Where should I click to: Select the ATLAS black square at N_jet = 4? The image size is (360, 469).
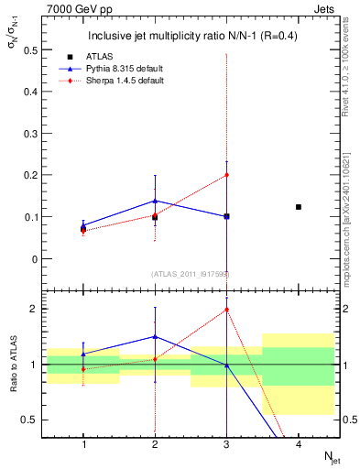click(298, 207)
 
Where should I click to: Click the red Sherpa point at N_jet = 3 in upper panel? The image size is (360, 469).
click(226, 175)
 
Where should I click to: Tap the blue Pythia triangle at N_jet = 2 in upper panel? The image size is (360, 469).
click(155, 201)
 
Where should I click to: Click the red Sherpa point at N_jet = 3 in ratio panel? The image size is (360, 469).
click(226, 310)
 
